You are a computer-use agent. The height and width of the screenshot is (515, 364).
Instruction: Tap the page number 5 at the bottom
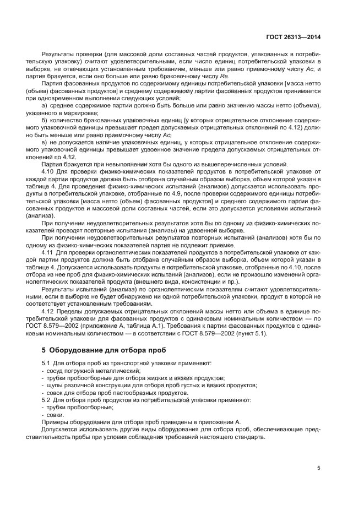tap(319, 468)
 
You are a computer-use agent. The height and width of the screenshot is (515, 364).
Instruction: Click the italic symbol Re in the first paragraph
tap(224, 75)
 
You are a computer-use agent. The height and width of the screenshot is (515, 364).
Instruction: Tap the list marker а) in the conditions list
tap(45, 105)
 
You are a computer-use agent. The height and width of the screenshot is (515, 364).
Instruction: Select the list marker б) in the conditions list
tap(45, 120)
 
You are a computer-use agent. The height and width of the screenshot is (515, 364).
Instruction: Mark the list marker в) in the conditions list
tap(45, 142)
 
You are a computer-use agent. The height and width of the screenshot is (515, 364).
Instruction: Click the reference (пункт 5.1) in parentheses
tap(250, 333)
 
